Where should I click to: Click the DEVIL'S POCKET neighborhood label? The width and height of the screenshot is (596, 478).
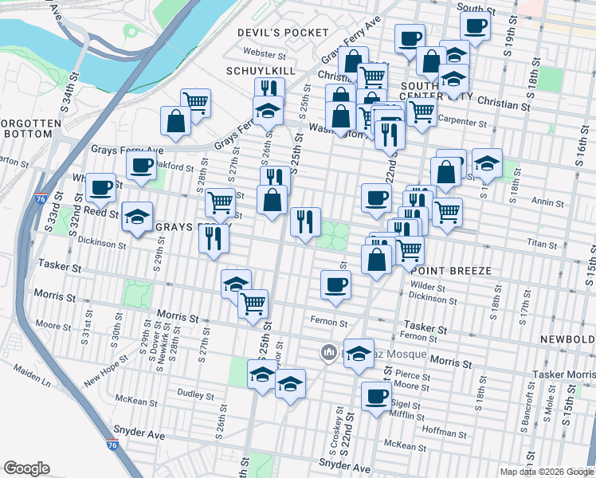coord(283,32)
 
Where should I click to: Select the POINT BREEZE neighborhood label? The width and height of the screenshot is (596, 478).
coord(445,272)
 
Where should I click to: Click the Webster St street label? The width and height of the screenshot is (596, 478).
coord(265,55)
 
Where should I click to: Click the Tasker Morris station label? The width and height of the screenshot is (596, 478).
coord(567,374)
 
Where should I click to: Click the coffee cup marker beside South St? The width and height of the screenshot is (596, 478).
coord(476,26)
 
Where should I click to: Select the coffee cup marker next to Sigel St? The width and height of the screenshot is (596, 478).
coord(376,397)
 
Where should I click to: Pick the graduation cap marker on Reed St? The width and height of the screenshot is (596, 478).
coord(137,216)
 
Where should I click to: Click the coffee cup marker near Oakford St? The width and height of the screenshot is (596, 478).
coord(141,165)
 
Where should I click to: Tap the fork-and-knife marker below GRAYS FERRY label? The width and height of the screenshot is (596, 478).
coord(213,237)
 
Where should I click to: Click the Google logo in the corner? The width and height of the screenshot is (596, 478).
coord(25,468)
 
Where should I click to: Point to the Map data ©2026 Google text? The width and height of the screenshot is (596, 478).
coord(546,472)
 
